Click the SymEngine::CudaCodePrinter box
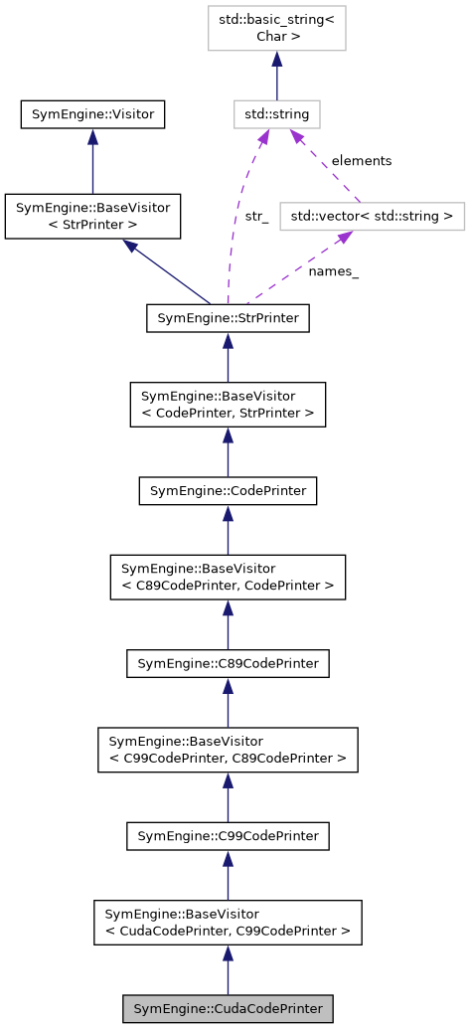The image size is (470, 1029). pos(228,1008)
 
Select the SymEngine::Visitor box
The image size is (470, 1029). pos(92,114)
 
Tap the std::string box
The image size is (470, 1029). pos(276,114)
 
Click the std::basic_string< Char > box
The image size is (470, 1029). pos(276,28)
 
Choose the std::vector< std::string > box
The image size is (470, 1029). pos(372,215)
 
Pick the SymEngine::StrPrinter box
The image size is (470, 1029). pos(228,318)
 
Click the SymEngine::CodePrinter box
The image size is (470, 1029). pos(228,491)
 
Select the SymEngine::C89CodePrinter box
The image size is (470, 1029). pos(228,663)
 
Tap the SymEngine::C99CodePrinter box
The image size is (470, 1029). pos(228,836)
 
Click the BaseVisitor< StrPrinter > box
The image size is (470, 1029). pos(92,217)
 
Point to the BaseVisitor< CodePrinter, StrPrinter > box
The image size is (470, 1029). pos(228,405)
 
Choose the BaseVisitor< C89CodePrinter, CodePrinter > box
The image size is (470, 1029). pos(228,578)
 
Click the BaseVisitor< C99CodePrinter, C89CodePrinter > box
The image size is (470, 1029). pos(228,750)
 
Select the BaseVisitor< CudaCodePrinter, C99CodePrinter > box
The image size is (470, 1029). pos(228,923)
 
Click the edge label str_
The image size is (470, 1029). pos(255,216)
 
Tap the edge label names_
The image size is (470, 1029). pos(333,270)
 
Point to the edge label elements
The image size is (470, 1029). pos(361,160)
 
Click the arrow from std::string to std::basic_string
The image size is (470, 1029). pos(276,76)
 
